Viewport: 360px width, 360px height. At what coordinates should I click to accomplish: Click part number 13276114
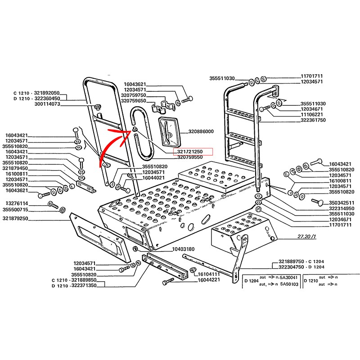coord(16,203)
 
